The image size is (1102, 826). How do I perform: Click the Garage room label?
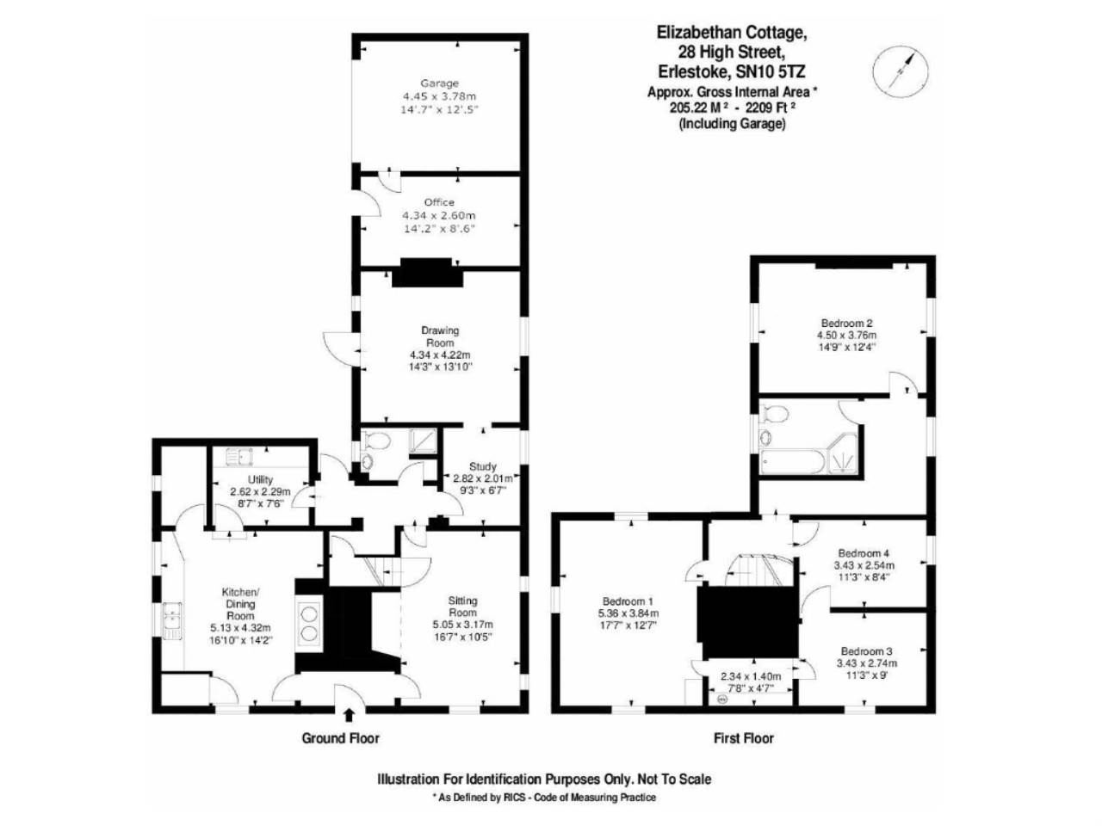[x=439, y=83]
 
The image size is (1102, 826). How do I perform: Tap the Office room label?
[x=439, y=202]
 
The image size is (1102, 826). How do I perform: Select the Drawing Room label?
[x=440, y=336]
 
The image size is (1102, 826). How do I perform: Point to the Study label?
[x=482, y=466]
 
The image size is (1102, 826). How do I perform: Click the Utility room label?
[x=260, y=479]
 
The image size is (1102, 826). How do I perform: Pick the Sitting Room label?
[x=462, y=607]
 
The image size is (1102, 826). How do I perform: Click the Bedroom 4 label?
[x=864, y=553]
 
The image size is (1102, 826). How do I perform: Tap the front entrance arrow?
[x=349, y=714]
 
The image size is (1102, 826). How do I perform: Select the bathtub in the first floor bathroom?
[x=792, y=460]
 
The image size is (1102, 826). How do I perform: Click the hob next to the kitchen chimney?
[x=308, y=624]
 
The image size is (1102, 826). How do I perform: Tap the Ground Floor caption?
[x=340, y=737]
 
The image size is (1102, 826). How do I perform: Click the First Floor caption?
[x=744, y=737]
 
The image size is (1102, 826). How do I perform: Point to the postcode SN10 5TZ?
[x=771, y=71]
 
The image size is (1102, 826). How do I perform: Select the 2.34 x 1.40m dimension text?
[x=751, y=676]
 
